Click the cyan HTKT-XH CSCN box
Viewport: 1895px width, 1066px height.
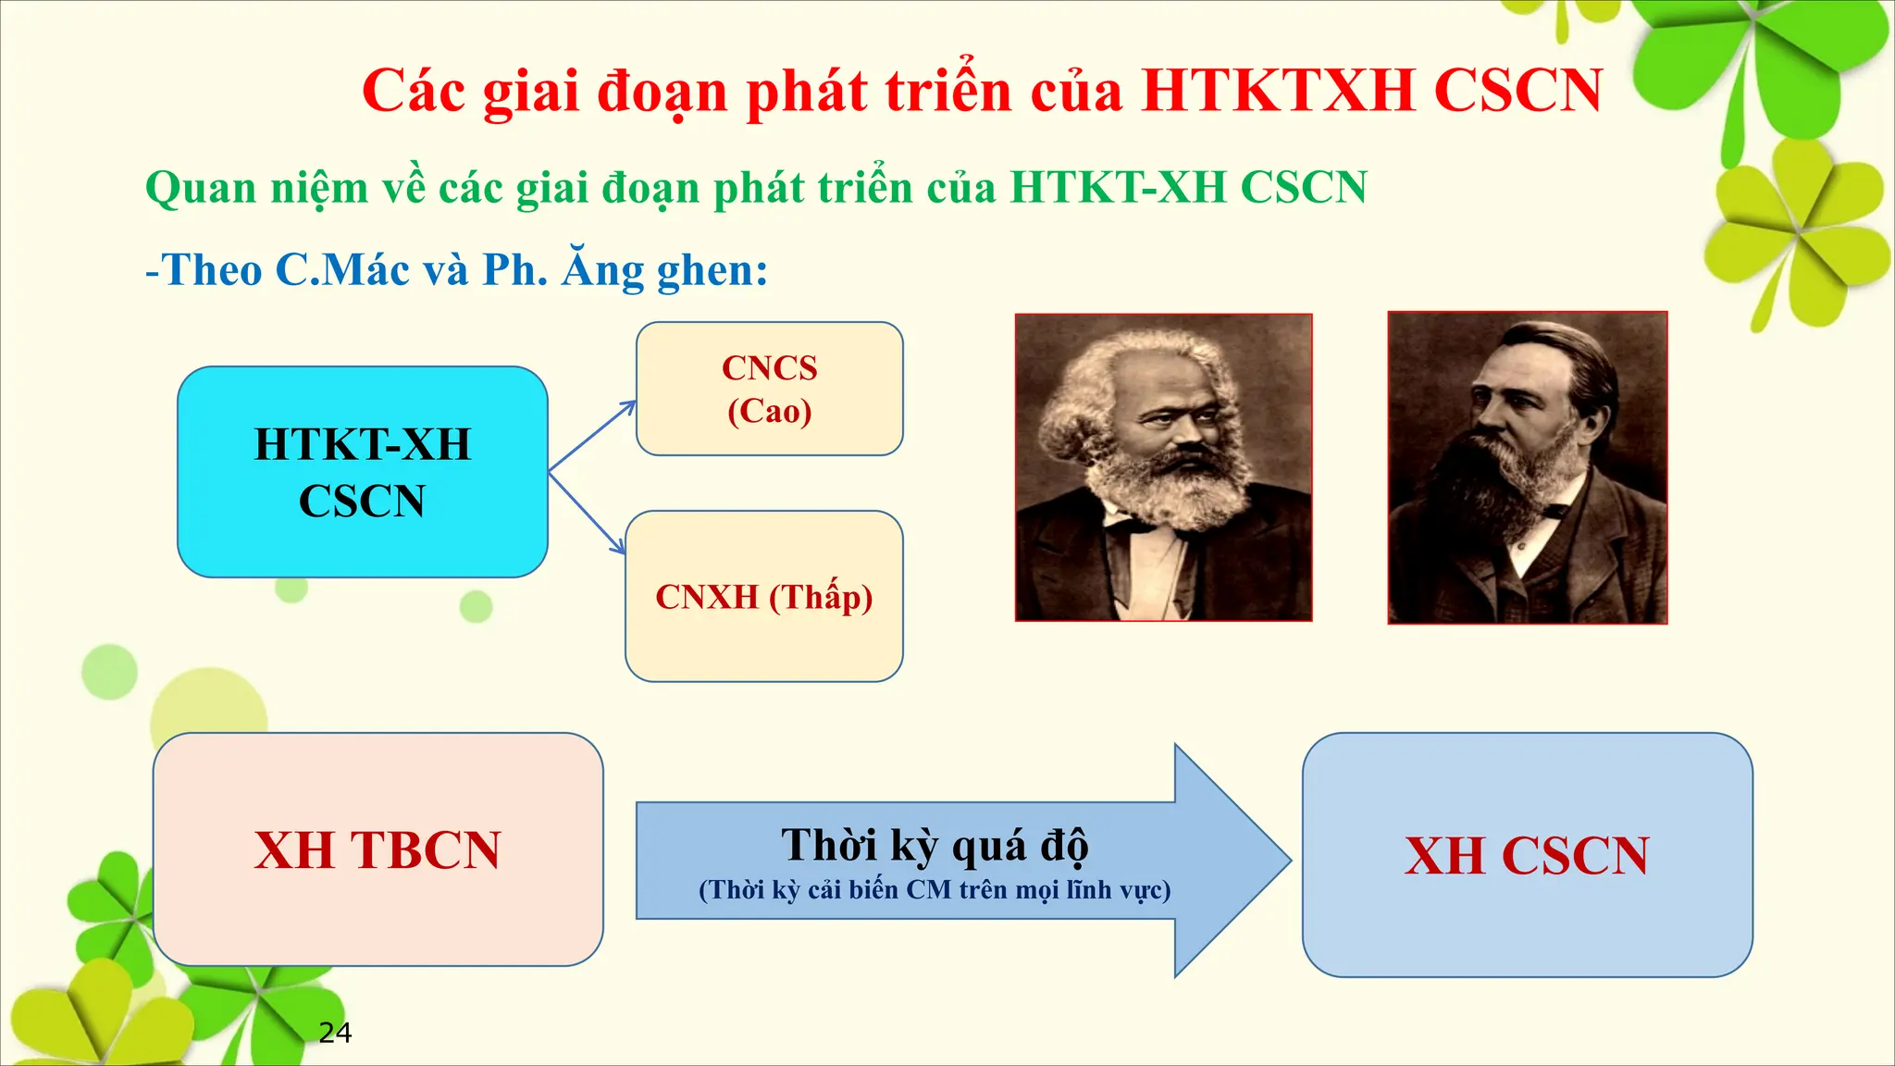tap(362, 472)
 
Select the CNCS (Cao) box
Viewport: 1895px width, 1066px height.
tap(769, 389)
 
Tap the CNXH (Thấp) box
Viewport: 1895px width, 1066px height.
tap(763, 597)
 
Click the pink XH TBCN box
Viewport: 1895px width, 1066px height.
tap(378, 849)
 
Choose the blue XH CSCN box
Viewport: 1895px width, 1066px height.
tap(1527, 855)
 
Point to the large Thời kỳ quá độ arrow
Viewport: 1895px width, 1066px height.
tap(962, 861)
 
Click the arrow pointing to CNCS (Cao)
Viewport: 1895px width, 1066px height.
tap(592, 436)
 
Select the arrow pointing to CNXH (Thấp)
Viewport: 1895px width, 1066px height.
tap(588, 514)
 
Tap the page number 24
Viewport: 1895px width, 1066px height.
tap(335, 1033)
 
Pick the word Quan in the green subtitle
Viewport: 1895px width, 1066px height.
tap(201, 188)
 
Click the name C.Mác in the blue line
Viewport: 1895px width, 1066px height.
tap(342, 270)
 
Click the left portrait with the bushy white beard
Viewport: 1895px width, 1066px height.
tap(1163, 467)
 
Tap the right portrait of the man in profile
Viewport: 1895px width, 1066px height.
tap(1527, 467)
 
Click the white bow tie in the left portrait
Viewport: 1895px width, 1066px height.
tap(1131, 528)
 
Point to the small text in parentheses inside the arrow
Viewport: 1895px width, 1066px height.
tap(935, 890)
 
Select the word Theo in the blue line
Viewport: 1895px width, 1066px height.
tap(212, 270)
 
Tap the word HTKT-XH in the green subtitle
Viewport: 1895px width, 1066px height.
tap(1117, 188)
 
